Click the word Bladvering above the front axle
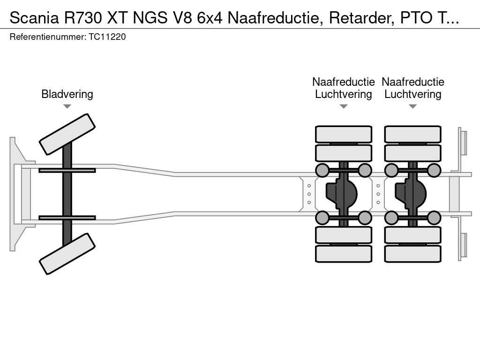tap(67, 94)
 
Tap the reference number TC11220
tap(107, 37)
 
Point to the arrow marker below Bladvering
tap(67, 106)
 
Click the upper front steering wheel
tap(67, 134)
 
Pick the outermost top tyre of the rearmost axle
tap(412, 134)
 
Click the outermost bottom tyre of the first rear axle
tap(343, 254)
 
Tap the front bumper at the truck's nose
tap(16, 194)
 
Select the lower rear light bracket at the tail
tap(463, 245)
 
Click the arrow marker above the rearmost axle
tap(412, 106)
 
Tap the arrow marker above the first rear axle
tap(343, 106)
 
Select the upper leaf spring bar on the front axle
tap(67, 170)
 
